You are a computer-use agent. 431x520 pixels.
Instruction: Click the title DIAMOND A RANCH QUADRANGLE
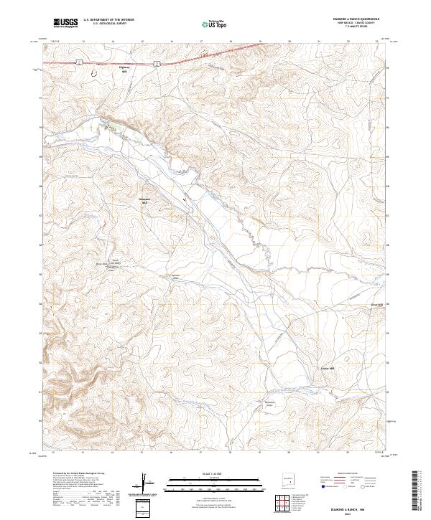click(356, 19)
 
